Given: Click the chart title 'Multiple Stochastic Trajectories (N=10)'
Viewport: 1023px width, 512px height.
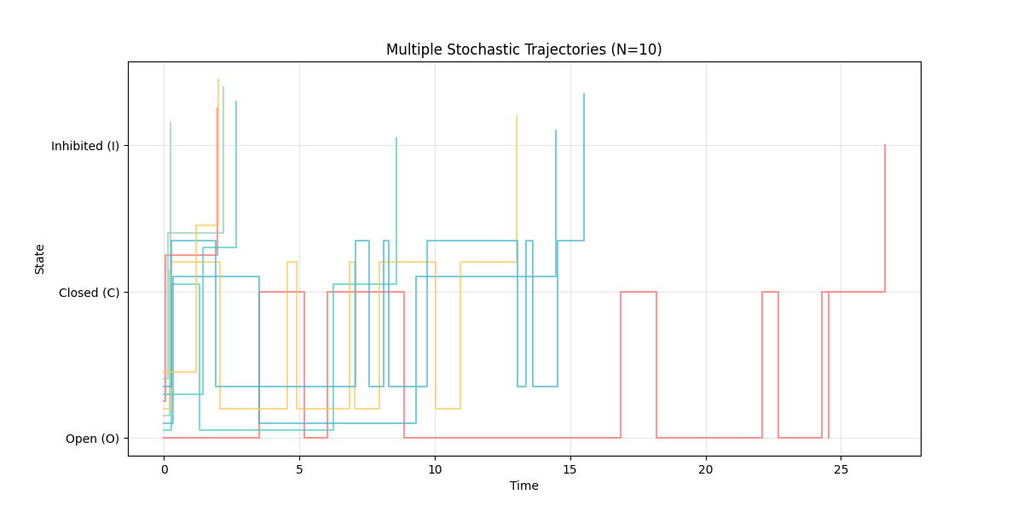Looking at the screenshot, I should pos(523,49).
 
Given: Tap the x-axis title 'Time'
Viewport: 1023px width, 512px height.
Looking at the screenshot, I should pos(523,486).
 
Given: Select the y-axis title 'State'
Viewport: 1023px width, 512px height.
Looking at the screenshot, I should pos(40,259).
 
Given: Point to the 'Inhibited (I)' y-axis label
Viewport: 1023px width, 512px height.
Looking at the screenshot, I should pos(85,146).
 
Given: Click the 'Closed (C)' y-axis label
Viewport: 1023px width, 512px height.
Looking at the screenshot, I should pos(89,293).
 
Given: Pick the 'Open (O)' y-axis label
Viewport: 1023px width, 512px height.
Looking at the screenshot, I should pos(92,439).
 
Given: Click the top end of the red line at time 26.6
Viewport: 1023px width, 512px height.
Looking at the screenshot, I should pos(885,145).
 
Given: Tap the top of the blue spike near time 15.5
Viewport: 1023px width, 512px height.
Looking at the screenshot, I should pos(584,94).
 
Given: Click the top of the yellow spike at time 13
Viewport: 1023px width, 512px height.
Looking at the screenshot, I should pos(517,116).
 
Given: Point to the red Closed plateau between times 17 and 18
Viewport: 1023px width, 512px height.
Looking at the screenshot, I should pos(639,292).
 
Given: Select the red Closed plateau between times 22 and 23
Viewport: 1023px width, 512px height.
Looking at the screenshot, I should pos(770,292).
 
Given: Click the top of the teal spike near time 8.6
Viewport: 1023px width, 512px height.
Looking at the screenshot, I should pos(396,138).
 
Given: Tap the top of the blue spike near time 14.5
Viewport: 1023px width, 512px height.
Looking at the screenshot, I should pos(556,131).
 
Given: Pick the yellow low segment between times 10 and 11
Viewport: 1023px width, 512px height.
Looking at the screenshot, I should pos(448,409).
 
